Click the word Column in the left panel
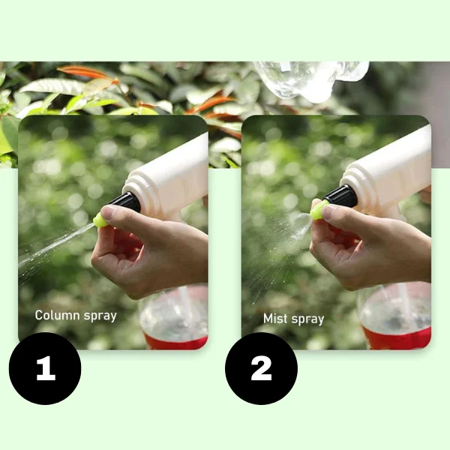point(57,315)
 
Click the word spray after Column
point(100,316)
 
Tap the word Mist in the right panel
point(275,318)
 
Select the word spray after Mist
point(307,319)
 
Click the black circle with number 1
point(45,368)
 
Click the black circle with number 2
point(261,368)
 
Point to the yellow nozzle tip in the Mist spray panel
point(318,210)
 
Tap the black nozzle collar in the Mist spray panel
point(341,196)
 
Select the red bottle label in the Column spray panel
point(175,341)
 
